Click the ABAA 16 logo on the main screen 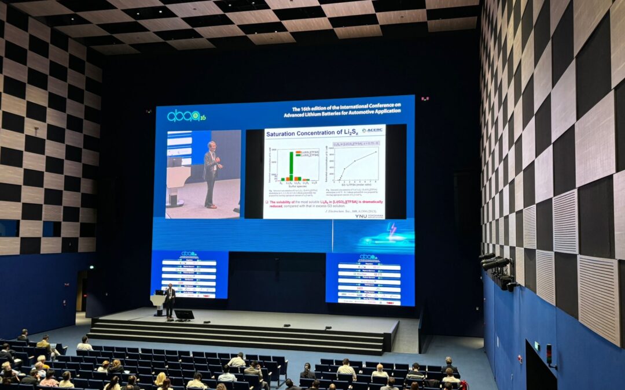coord(186,116)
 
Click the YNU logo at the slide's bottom coord(369,215)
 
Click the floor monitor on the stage coord(184,315)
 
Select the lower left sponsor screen coord(189,274)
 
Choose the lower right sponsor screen coord(370,279)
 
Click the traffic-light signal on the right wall coord(549,354)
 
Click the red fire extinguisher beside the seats coord(464,385)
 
